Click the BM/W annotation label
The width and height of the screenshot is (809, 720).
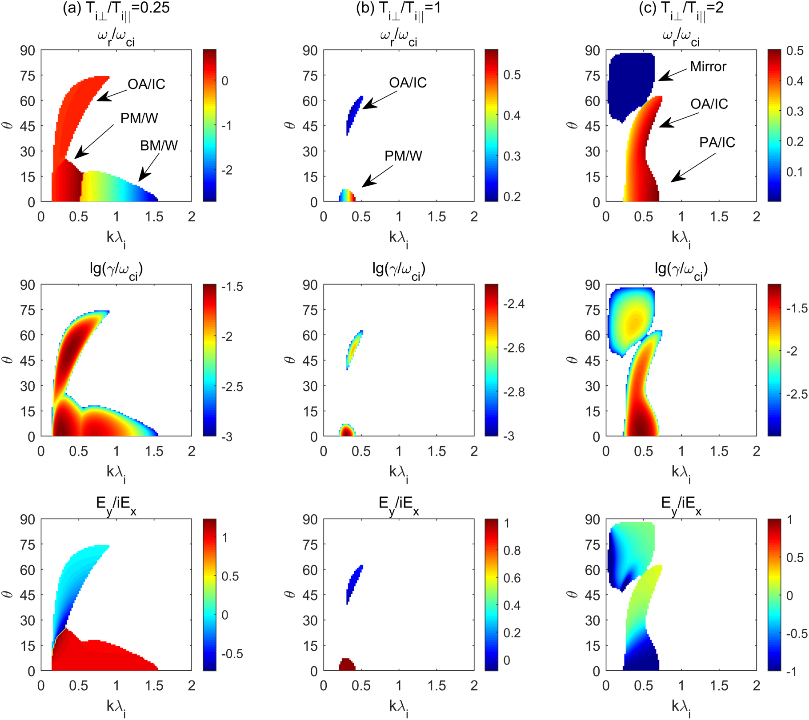159,145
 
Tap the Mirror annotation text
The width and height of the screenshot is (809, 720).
708,67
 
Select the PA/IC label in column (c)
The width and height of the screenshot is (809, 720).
717,142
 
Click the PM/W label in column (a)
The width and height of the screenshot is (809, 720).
139,118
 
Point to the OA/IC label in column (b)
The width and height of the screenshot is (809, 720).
408,83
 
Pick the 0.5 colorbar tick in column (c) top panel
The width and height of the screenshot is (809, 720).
794,51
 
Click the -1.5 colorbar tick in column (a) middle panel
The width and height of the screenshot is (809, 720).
232,287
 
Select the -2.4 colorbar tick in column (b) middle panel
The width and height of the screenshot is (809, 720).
514,304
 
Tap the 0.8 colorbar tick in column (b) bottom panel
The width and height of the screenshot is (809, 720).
512,551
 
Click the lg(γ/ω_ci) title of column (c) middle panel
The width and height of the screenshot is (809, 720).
681,269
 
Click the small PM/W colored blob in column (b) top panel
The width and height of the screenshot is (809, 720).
347,196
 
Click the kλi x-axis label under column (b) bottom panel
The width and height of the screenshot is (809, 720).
398,707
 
